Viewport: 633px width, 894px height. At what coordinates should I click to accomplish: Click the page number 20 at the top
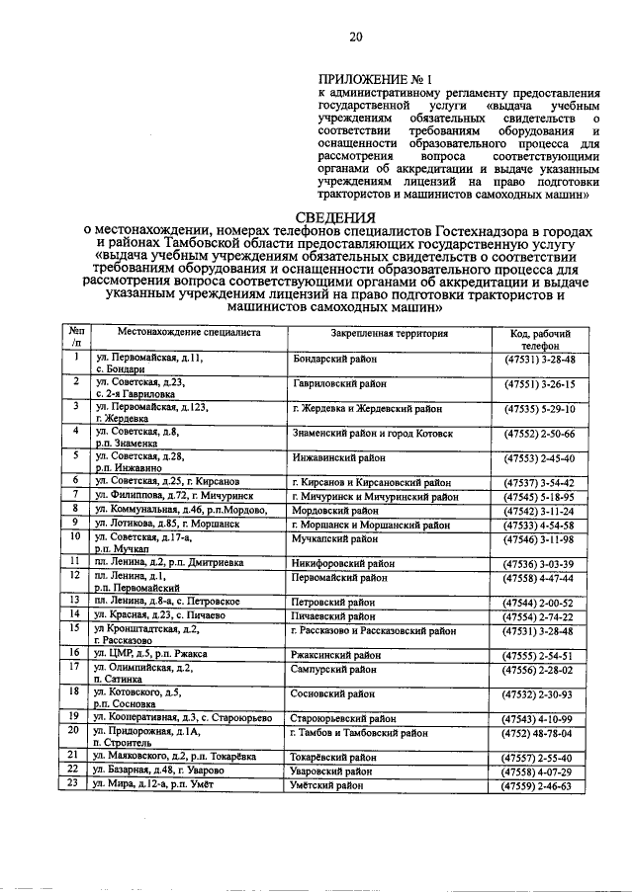(x=356, y=38)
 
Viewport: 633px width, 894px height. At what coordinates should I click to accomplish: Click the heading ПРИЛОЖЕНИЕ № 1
(x=375, y=77)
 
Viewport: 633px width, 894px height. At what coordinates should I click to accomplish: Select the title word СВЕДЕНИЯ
(x=336, y=217)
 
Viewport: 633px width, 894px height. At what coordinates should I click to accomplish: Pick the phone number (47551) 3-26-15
(x=540, y=383)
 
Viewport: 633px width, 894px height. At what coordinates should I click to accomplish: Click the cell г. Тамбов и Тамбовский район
(x=360, y=733)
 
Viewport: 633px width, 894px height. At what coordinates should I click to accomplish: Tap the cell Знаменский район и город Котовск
(x=373, y=433)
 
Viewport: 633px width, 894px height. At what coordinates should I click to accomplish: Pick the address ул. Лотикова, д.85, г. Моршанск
(x=167, y=525)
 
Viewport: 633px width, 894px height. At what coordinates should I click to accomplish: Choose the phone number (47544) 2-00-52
(x=540, y=600)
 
